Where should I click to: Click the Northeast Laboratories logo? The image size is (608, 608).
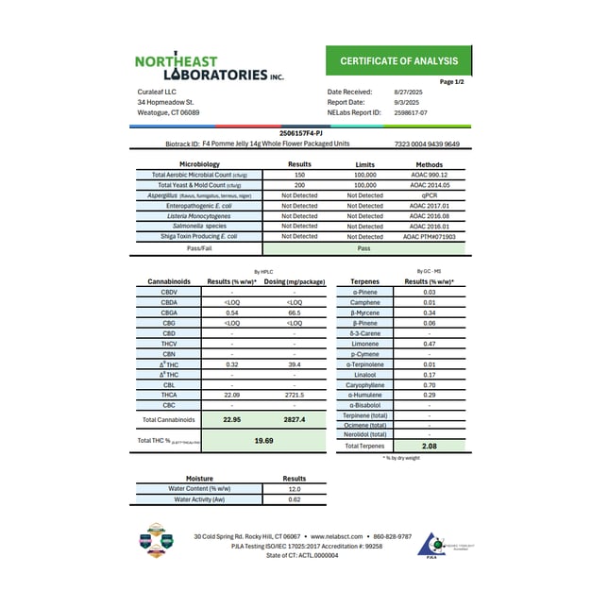[202, 67]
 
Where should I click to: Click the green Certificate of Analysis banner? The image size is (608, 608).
[398, 61]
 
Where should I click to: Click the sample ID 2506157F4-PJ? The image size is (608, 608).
[303, 134]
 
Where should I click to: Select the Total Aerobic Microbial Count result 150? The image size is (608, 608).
[299, 175]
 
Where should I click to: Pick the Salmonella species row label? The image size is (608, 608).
[194, 226]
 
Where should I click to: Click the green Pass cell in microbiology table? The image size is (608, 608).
[363, 247]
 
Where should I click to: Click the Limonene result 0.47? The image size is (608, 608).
[430, 343]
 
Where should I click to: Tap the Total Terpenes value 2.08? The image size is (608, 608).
[430, 445]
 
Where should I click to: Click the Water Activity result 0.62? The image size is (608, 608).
[295, 498]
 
